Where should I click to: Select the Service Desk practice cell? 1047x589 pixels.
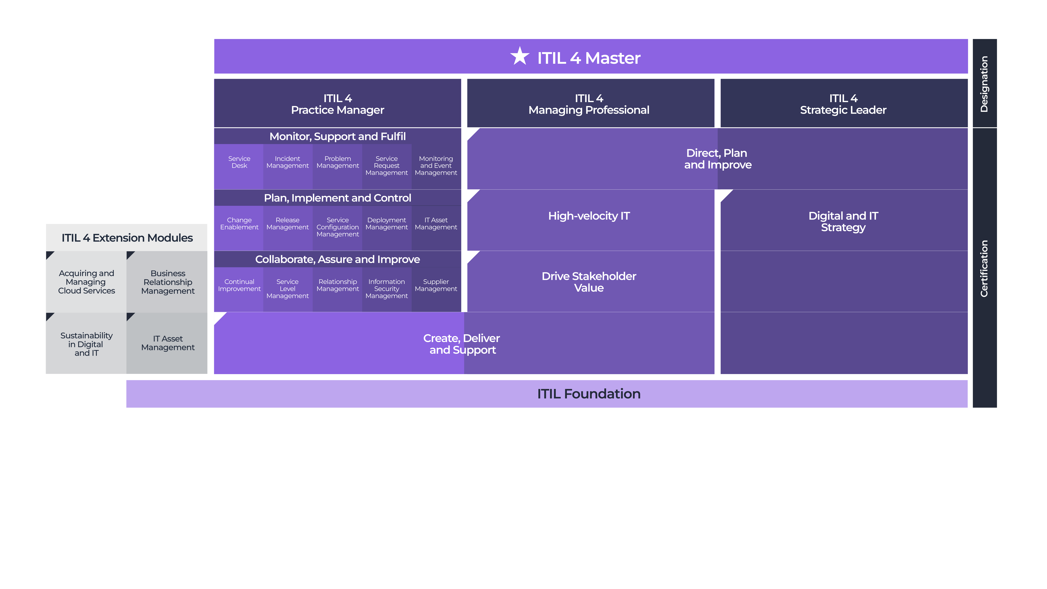point(239,167)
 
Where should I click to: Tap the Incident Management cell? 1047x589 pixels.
point(288,167)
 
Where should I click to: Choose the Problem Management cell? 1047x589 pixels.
point(337,167)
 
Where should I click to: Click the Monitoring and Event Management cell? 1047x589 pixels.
point(436,167)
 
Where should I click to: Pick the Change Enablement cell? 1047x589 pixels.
point(239,228)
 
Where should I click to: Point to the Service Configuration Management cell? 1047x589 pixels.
point(337,228)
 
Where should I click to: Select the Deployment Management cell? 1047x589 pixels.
point(386,228)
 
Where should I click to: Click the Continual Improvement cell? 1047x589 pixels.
point(239,289)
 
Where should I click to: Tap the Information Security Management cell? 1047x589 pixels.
point(386,289)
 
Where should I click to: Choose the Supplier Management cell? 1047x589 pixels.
point(436,289)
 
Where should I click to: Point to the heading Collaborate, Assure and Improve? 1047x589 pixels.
point(337,259)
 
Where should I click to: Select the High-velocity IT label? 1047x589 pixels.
point(589,216)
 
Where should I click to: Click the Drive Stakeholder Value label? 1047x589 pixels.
point(589,282)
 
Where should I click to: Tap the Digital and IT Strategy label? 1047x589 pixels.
point(843,222)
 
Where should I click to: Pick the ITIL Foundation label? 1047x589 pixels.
point(589,394)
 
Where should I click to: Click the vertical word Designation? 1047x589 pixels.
point(984,84)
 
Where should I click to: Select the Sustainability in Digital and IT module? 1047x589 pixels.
point(86,343)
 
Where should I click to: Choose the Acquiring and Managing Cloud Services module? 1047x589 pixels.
point(86,282)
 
